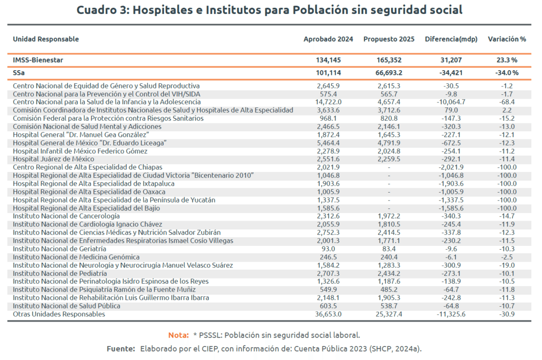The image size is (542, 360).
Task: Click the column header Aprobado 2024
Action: pyautogui.click(x=328, y=39)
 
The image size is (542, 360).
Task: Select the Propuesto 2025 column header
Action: pyautogui.click(x=389, y=39)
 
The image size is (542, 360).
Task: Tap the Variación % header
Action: pyautogui.click(x=506, y=39)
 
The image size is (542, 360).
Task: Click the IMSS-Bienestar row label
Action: pyautogui.click(x=38, y=60)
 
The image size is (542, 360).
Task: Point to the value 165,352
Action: pyautogui.click(x=389, y=60)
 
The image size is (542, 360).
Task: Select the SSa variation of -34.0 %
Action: pyautogui.click(x=506, y=73)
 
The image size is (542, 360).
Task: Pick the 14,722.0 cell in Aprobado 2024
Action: pyautogui.click(x=328, y=102)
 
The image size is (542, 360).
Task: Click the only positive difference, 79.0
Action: pyautogui.click(x=451, y=110)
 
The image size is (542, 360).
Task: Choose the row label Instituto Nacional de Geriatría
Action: pyautogui.click(x=59, y=249)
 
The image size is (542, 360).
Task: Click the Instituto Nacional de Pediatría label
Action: pyautogui.click(x=60, y=274)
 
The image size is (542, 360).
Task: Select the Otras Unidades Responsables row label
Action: pyautogui.click(x=59, y=314)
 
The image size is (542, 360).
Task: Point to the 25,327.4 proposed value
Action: pyautogui.click(x=389, y=314)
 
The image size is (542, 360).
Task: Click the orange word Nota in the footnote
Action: pyautogui.click(x=178, y=335)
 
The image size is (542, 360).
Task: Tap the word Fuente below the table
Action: pyautogui.click(x=121, y=349)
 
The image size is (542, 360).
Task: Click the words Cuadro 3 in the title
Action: pyautogui.click(x=100, y=10)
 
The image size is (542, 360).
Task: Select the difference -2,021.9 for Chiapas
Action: pyautogui.click(x=451, y=167)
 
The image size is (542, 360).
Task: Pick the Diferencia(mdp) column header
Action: pyautogui.click(x=451, y=39)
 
